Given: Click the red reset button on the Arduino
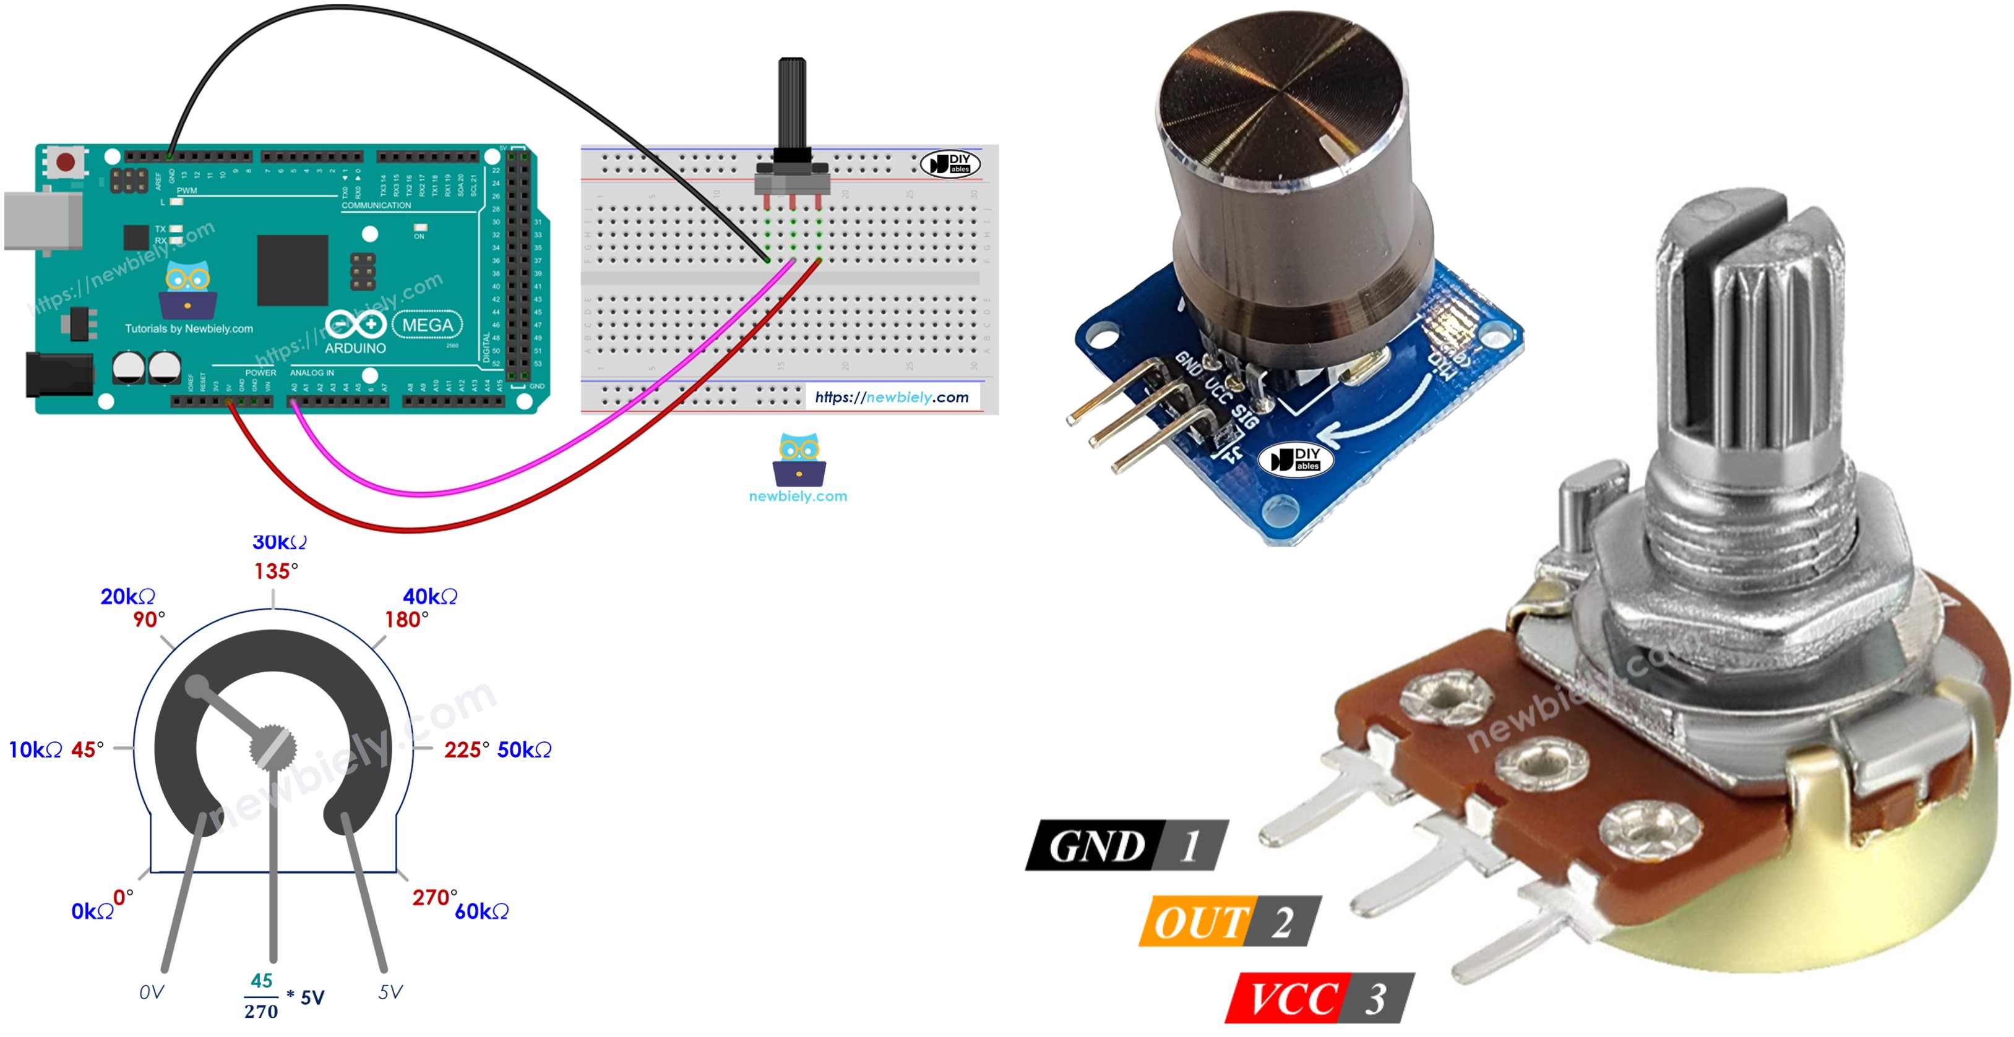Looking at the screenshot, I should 66,163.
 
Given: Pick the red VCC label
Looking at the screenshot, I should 1291,999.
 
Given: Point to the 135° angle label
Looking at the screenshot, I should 275,571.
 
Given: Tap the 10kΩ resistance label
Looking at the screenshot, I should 35,750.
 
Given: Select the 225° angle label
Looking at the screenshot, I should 466,750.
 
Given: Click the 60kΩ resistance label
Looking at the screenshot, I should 481,911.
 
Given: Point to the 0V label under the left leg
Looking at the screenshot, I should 152,992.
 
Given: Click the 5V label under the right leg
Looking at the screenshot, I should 390,992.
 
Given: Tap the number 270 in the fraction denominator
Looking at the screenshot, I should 261,1012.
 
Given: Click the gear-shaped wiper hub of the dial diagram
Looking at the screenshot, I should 273,748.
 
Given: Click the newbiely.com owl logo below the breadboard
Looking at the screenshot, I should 798,461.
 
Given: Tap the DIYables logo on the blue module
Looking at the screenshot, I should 1296,459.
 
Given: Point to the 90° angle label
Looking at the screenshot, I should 148,620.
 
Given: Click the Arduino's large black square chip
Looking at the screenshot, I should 293,270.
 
